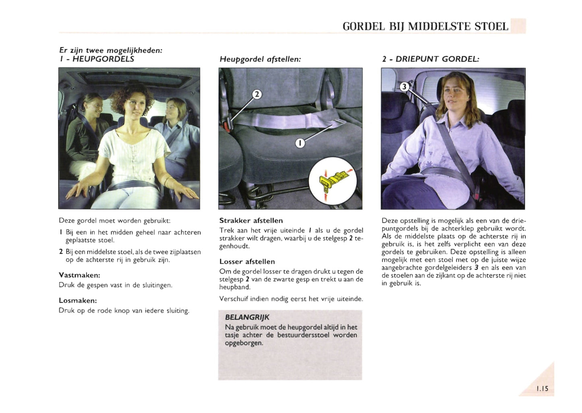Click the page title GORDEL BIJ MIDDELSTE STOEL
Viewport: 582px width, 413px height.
[425, 27]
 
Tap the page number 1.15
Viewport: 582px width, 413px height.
[542, 388]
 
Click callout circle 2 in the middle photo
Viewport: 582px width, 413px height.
[257, 95]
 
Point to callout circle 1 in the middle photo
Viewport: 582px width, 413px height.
[300, 143]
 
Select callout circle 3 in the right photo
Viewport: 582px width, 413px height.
[404, 87]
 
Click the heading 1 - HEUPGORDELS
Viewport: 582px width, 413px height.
[97, 59]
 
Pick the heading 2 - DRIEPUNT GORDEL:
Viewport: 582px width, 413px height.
[431, 59]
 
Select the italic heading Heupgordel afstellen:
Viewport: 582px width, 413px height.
[260, 59]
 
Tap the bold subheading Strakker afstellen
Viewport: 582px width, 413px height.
[251, 221]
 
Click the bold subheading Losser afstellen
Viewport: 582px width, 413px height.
[247, 262]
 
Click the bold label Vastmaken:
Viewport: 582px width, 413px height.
[79, 275]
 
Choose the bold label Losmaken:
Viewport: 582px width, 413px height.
[78, 301]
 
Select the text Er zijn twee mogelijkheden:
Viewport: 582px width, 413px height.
[111, 50]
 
